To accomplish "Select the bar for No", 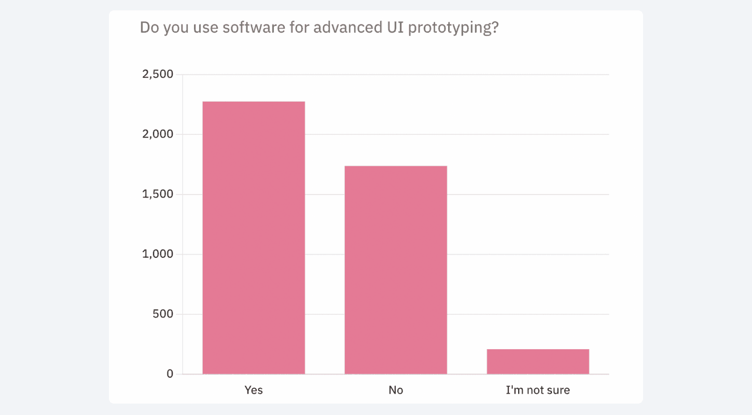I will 396,270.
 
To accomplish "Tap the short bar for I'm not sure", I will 538,362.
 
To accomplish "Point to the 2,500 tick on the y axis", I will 158,75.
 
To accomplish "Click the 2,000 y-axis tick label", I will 158,134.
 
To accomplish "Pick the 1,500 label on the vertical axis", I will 158,195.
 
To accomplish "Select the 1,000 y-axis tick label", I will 158,254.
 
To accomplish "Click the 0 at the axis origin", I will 170,374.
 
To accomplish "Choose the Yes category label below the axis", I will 254,390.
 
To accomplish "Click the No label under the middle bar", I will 396,390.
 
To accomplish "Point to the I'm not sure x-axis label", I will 538,390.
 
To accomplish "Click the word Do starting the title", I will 149,27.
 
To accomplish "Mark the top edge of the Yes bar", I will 254,102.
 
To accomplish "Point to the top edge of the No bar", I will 396,167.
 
